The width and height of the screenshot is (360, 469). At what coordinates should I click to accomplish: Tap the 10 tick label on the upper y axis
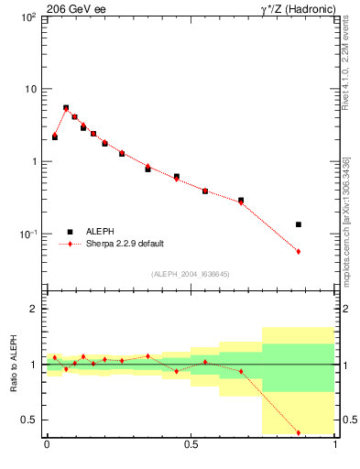tap(29, 90)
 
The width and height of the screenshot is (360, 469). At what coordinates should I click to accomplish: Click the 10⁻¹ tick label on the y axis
tap(27, 234)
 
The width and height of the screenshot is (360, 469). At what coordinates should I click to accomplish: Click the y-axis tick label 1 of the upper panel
tap(33, 162)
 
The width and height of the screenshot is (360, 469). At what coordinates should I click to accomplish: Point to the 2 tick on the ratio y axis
tap(33, 310)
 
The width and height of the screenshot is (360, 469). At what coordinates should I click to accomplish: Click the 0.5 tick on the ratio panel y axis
tap(29, 420)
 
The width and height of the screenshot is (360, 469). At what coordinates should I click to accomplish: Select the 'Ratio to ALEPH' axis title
tap(14, 364)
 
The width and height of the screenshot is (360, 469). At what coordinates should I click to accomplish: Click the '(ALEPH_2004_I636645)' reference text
tap(191, 274)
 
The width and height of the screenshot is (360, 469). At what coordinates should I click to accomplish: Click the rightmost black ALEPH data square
tap(299, 224)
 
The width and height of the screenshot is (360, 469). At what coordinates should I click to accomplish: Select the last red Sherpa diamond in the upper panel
tap(299, 251)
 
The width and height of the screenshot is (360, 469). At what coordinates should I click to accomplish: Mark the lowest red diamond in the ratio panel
tap(299, 432)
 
